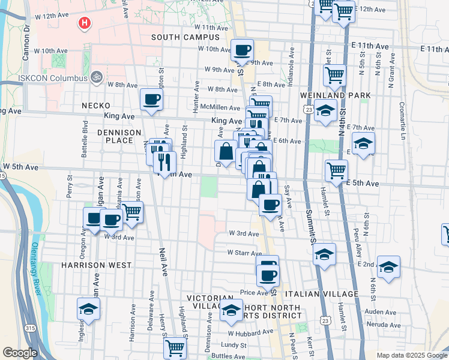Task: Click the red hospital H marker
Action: [x=85, y=23]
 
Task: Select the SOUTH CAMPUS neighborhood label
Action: [x=185, y=37]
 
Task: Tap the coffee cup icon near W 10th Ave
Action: [x=242, y=50]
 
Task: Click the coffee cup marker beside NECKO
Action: [x=151, y=100]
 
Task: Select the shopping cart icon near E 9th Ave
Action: [x=334, y=76]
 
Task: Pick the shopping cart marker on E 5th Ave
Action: [x=336, y=170]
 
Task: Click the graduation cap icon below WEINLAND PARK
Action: [x=325, y=111]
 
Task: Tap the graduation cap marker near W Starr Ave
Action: [x=324, y=254]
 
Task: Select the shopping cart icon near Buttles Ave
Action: [x=175, y=347]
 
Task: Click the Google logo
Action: [x=20, y=353]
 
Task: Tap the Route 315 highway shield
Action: [x=30, y=328]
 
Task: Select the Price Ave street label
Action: [x=253, y=293]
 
